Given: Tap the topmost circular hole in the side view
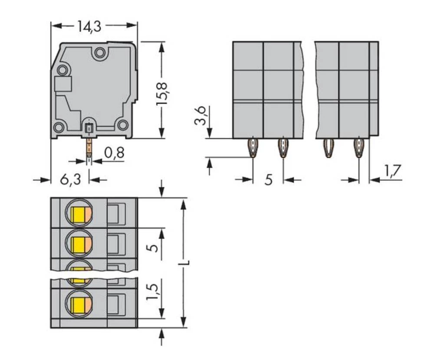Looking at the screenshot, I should (100, 53).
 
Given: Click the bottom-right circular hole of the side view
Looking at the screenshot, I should (123, 125).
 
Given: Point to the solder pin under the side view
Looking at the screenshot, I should (89, 147).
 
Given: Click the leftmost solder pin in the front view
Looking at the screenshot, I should (253, 147).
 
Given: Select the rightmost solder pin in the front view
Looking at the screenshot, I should (358, 147).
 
